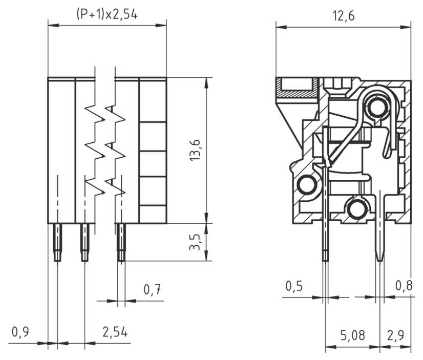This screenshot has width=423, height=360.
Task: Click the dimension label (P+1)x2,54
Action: coord(107,14)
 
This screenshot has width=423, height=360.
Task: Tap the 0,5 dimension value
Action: coord(295,286)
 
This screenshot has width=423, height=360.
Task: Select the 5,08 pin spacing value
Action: coord(353,336)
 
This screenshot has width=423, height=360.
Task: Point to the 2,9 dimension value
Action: coord(396,336)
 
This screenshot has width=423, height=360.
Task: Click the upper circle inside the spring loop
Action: coord(377,108)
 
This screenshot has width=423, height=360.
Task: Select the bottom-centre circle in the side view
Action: coord(356,208)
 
